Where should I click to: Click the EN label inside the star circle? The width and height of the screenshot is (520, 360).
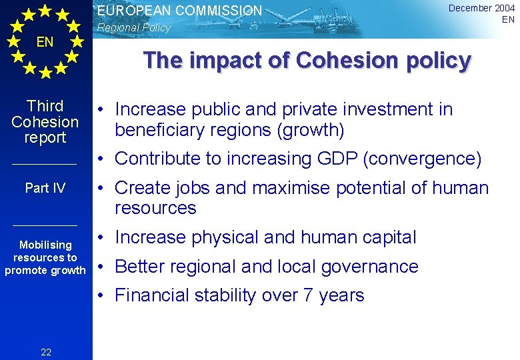click(45, 43)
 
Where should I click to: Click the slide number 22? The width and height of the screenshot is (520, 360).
click(46, 352)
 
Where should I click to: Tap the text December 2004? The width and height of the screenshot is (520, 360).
click(481, 8)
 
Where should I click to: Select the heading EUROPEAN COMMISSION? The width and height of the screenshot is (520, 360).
click(180, 11)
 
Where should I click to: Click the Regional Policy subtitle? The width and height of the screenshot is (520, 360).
click(134, 28)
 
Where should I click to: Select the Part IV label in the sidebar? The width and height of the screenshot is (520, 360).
click(45, 188)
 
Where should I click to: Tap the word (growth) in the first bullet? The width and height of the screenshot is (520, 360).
click(311, 130)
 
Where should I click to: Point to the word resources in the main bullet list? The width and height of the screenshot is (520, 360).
click(155, 208)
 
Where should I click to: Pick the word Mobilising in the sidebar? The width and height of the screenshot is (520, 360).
click(45, 245)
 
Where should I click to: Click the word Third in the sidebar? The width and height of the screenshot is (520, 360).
click(45, 106)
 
